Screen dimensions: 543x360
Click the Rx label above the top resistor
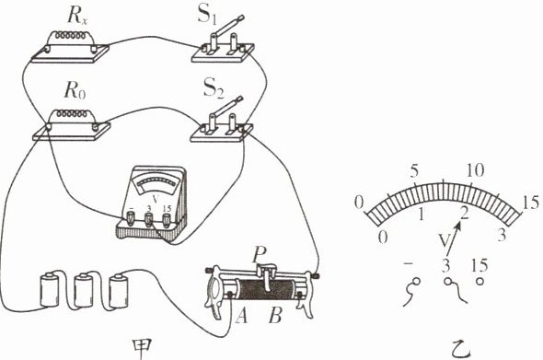(x=77, y=17)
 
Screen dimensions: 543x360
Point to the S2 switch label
(x=214, y=88)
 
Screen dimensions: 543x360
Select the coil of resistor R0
(x=71, y=113)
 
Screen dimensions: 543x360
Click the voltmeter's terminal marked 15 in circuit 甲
(x=167, y=219)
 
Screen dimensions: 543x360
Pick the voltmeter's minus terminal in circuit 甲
(x=131, y=219)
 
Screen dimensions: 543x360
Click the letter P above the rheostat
(x=259, y=255)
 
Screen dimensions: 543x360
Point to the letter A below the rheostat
(x=241, y=316)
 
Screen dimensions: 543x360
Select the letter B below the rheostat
(x=275, y=316)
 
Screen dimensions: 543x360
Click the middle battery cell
(x=84, y=290)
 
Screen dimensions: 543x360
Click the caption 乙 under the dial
(x=462, y=349)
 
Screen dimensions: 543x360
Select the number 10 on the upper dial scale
(x=475, y=170)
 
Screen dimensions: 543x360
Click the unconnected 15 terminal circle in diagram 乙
(x=479, y=282)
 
